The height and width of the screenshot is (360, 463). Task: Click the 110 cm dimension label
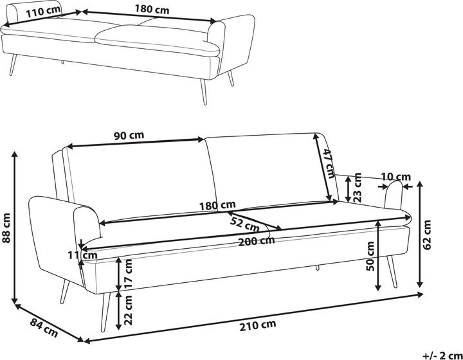tap(44, 12)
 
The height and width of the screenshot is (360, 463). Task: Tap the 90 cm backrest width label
tap(129, 136)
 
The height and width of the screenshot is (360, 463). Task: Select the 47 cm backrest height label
tap(329, 163)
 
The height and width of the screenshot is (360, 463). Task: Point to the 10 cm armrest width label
tap(396, 177)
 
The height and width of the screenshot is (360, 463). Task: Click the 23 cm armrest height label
tap(357, 187)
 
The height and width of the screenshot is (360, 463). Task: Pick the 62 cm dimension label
tap(427, 235)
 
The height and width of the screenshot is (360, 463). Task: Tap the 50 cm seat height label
tap(370, 256)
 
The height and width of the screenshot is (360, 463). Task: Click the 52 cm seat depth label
tap(245, 225)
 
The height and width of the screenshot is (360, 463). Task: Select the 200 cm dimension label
tap(257, 241)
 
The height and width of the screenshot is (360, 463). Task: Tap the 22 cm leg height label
tap(128, 310)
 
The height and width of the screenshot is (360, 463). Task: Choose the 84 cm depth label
tap(44, 328)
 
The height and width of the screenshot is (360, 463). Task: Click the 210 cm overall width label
tap(258, 325)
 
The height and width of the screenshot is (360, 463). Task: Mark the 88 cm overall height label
tap(6, 228)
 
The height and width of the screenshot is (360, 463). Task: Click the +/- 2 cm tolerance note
tap(442, 355)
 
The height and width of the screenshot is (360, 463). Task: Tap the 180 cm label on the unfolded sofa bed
tap(152, 10)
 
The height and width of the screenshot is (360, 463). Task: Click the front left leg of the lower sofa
tap(105, 312)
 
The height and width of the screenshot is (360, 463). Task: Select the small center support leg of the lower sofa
tap(317, 267)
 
